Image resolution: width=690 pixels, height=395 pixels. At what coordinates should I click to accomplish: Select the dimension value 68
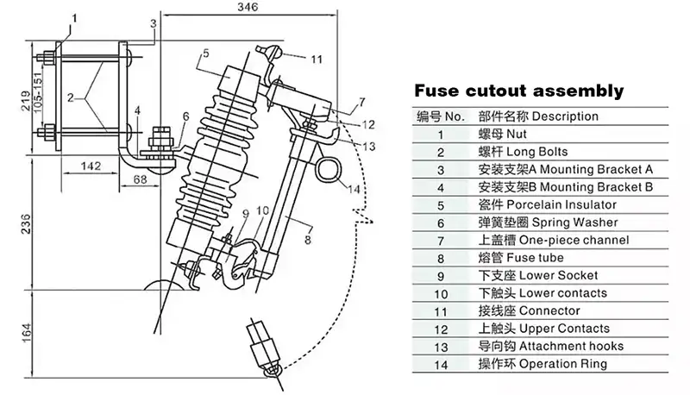(x=141, y=179)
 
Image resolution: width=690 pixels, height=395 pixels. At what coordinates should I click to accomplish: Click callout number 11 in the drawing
(x=317, y=60)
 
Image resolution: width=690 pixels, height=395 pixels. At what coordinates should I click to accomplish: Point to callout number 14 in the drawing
(x=354, y=188)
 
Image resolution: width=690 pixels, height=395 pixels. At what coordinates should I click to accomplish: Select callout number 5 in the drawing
(x=204, y=54)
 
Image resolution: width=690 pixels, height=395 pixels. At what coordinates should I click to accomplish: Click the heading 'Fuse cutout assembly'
(x=518, y=91)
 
